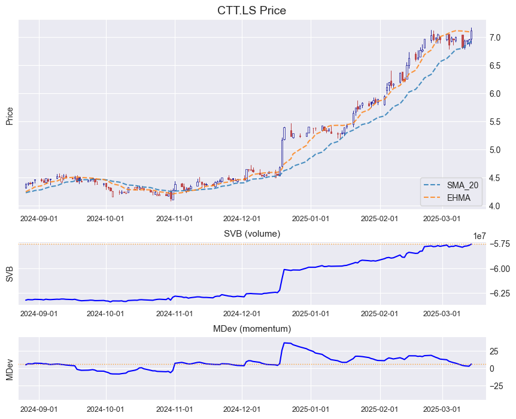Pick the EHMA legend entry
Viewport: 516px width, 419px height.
459,197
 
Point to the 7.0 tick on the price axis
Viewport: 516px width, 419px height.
495,38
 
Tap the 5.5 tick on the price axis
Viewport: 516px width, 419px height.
495,122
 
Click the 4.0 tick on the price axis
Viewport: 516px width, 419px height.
495,206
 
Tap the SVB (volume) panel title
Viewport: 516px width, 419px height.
251,233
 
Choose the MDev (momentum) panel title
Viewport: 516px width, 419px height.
251,329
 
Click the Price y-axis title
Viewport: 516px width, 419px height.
10,115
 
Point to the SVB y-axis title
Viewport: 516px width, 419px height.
10,273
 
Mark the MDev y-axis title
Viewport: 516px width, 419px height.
10,369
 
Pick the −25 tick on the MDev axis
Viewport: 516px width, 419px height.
496,386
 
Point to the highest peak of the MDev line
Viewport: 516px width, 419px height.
285,342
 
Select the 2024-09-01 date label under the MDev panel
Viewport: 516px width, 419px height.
40,409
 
